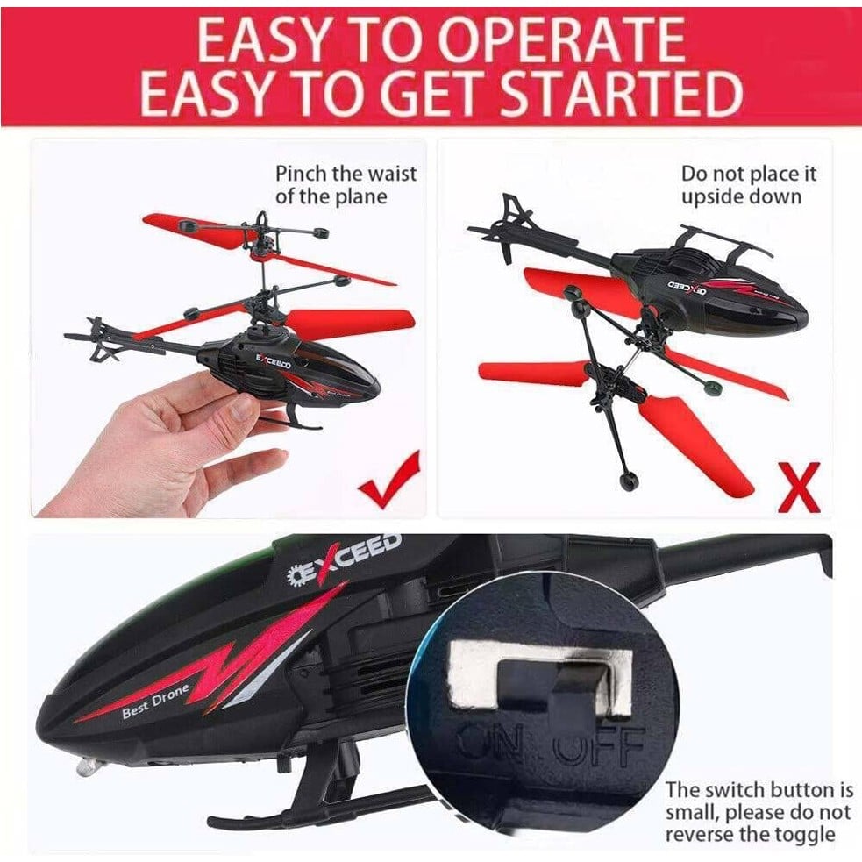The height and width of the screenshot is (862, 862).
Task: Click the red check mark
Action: click(x=389, y=478)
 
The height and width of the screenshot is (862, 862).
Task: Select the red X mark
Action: click(x=799, y=487)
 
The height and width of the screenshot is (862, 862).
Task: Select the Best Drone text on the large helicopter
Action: click(x=155, y=701)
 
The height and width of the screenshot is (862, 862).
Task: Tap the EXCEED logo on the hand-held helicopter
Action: click(x=274, y=360)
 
